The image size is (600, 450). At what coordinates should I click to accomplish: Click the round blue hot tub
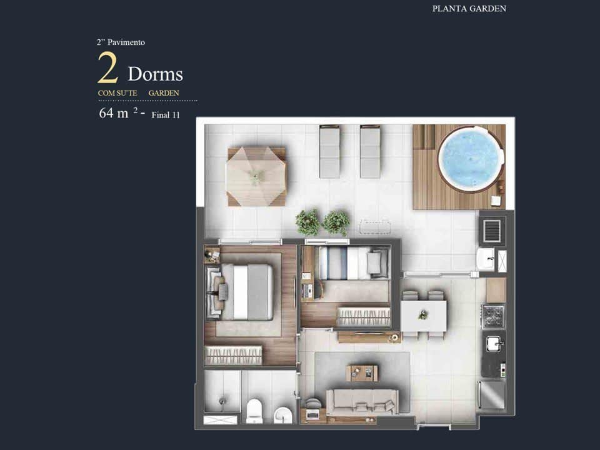470,159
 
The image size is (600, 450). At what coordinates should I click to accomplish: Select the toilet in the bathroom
254,411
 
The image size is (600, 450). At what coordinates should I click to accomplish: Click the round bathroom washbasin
282,415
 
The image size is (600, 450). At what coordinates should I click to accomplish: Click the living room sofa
362,402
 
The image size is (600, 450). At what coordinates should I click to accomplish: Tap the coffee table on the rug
362,373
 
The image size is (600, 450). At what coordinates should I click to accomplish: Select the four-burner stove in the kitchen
493,316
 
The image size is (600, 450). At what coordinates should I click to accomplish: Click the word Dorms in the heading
156,74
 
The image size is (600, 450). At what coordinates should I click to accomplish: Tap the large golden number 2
107,67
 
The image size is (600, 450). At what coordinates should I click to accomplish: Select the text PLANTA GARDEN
469,9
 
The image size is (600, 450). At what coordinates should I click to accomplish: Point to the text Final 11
166,115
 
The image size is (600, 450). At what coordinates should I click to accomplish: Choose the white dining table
424,316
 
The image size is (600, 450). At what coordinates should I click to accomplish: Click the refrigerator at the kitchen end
492,395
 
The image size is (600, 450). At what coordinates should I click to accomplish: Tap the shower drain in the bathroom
222,401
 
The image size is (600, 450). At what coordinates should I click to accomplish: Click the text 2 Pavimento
121,42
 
